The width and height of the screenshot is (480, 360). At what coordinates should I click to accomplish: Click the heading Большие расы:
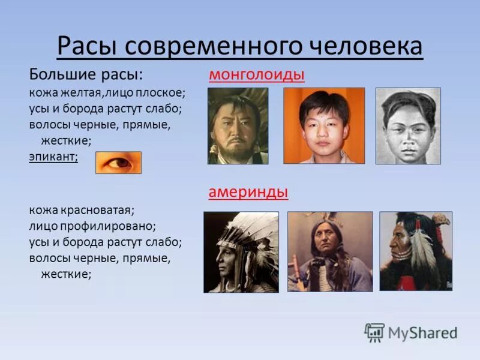coord(86,75)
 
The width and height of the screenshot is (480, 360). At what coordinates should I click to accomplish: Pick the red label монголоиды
coord(257,75)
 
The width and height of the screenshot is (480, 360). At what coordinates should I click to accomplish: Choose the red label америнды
coord(248,192)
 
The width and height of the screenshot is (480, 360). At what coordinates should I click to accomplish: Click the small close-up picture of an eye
coord(118,163)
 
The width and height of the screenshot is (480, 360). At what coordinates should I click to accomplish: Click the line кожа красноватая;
coord(82,211)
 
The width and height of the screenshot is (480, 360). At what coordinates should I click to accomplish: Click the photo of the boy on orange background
coord(324,126)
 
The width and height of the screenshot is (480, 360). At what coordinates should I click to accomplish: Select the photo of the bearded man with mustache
coord(238,126)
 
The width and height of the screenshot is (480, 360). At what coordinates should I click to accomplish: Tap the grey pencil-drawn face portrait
coord(408,126)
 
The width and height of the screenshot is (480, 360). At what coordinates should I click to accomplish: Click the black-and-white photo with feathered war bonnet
coord(241,252)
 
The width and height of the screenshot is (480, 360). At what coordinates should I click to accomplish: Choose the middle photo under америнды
coord(329,252)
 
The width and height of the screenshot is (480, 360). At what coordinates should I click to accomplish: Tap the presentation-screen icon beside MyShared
coord(374,332)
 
